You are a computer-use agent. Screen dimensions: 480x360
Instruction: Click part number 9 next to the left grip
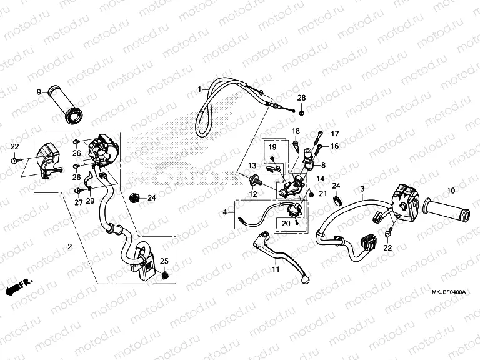(39, 92)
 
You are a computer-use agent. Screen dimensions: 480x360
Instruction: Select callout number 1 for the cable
(199, 89)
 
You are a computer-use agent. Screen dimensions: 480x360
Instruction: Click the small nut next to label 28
(302, 112)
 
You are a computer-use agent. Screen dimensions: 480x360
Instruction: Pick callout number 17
(334, 134)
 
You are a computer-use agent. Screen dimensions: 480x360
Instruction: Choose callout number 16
(334, 146)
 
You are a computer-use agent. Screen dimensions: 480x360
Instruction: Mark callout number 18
(296, 131)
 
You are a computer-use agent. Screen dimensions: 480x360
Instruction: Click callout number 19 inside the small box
(272, 146)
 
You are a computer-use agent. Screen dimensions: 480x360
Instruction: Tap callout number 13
(254, 166)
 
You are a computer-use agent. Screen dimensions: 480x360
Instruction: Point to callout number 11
(274, 269)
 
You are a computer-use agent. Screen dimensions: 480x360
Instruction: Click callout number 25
(165, 261)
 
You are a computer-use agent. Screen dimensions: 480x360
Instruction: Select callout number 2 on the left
(71, 247)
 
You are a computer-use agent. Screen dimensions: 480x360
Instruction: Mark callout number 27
(79, 202)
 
